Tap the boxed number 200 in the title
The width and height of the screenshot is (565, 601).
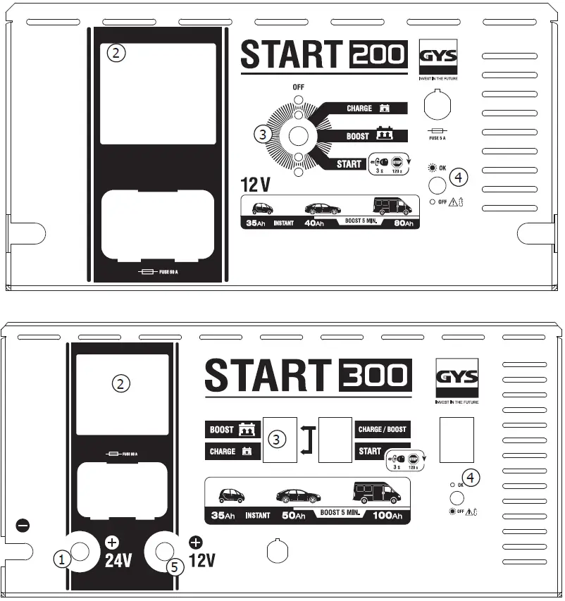pyautogui.click(x=378, y=55)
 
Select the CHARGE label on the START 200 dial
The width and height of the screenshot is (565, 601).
pyautogui.click(x=359, y=109)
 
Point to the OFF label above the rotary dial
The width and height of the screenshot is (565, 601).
pyautogui.click(x=297, y=87)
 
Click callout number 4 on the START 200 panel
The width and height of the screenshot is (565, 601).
pyautogui.click(x=458, y=178)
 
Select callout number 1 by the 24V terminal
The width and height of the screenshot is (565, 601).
pyautogui.click(x=63, y=559)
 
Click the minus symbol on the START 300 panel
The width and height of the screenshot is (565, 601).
pyautogui.click(x=23, y=525)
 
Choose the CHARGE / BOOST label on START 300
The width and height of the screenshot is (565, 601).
pyautogui.click(x=382, y=429)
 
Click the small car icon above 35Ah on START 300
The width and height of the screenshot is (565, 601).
pyautogui.click(x=231, y=495)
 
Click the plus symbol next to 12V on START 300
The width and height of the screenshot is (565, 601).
pyautogui.click(x=195, y=543)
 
